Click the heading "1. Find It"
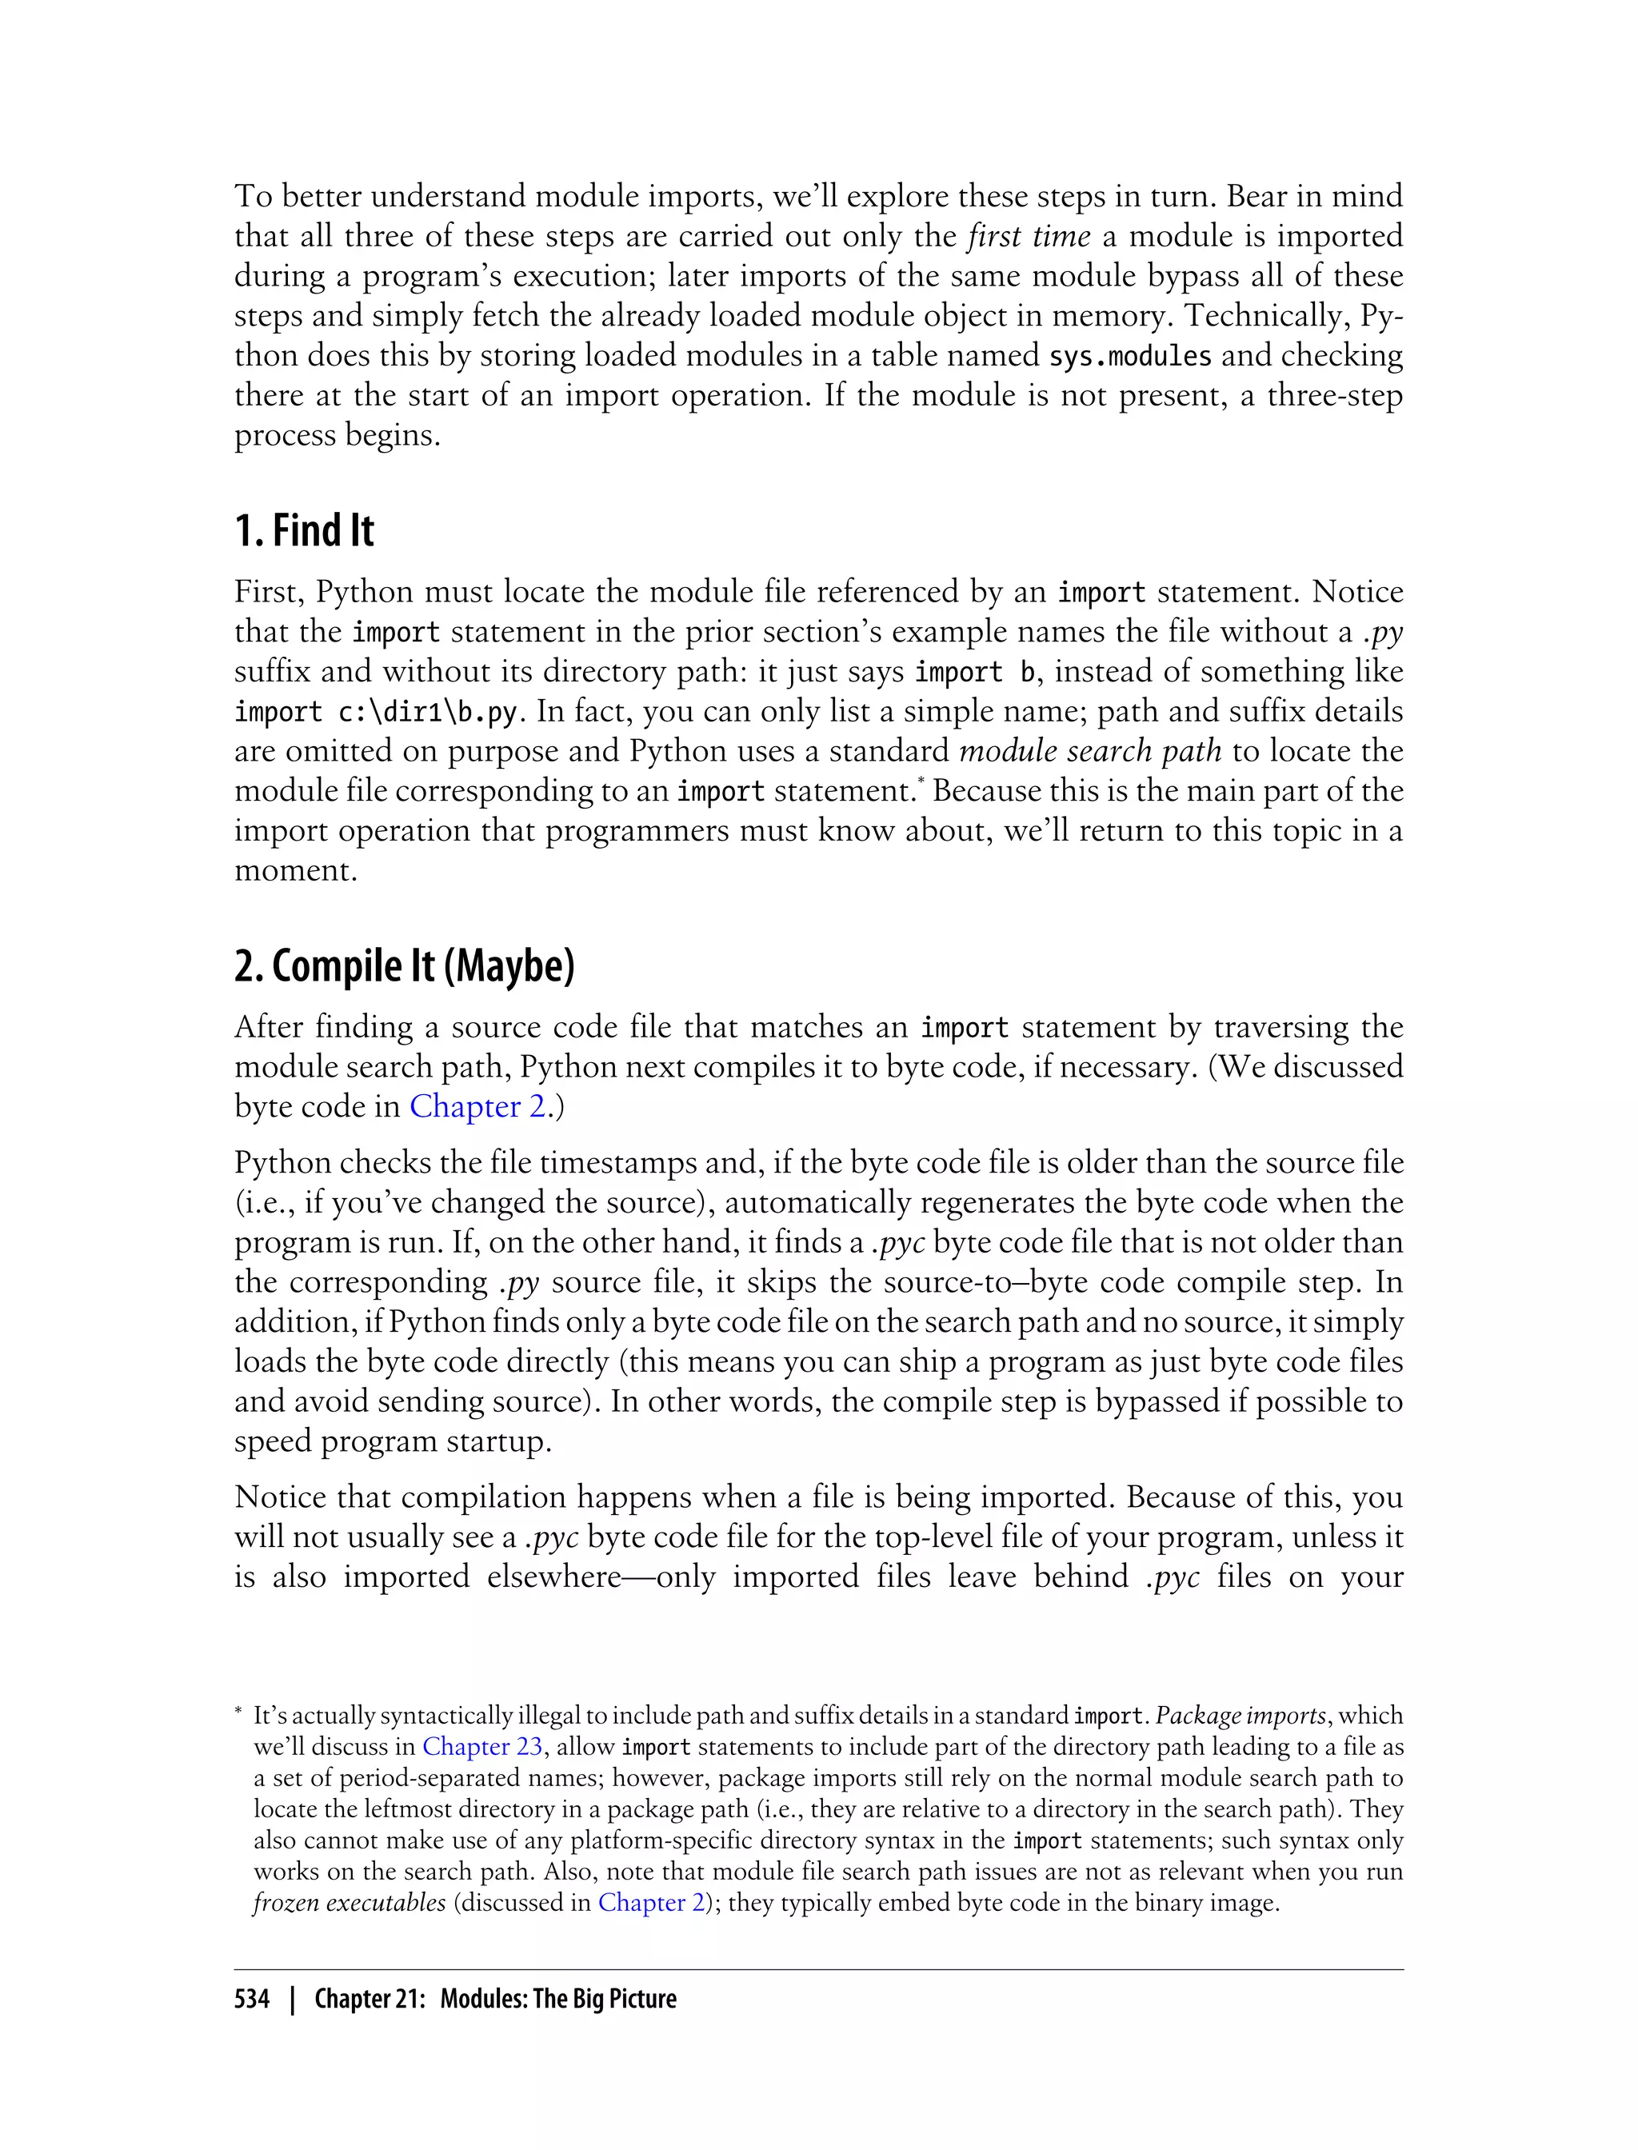click(304, 531)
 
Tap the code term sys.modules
click(1130, 356)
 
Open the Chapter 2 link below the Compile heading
click(477, 1107)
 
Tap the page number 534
click(252, 1999)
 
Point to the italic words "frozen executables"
click(349, 1902)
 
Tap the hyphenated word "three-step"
click(1335, 396)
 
